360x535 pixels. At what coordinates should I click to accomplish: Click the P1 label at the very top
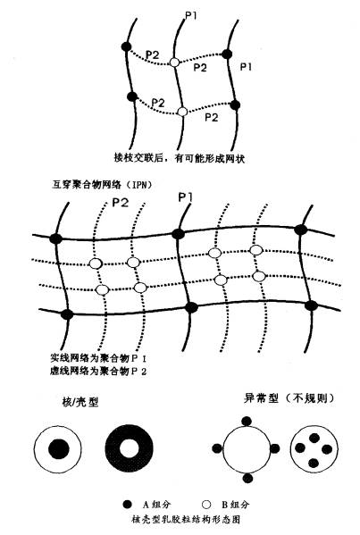(191, 14)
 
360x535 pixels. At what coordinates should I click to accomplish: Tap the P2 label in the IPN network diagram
(120, 203)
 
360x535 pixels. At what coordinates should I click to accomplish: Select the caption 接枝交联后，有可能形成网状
(180, 158)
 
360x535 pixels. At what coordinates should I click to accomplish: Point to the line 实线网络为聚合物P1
(98, 358)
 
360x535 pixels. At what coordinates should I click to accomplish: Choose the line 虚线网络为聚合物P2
(98, 371)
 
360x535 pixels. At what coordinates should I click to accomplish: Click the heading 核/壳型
(80, 402)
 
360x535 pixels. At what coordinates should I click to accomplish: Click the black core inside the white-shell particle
(58, 448)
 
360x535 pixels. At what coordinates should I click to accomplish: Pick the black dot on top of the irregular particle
(247, 421)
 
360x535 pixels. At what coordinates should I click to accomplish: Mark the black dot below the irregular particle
(248, 477)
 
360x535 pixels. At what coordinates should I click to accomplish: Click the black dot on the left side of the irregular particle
(217, 448)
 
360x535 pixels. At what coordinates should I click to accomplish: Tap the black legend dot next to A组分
(127, 504)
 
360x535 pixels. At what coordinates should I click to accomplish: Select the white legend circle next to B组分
(206, 504)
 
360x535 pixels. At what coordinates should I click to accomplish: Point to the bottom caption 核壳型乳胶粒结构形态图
(186, 519)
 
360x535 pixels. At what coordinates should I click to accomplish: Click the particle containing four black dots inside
(314, 448)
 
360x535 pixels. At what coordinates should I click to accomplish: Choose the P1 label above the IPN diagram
(186, 197)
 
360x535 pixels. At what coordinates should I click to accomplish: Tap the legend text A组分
(157, 504)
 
